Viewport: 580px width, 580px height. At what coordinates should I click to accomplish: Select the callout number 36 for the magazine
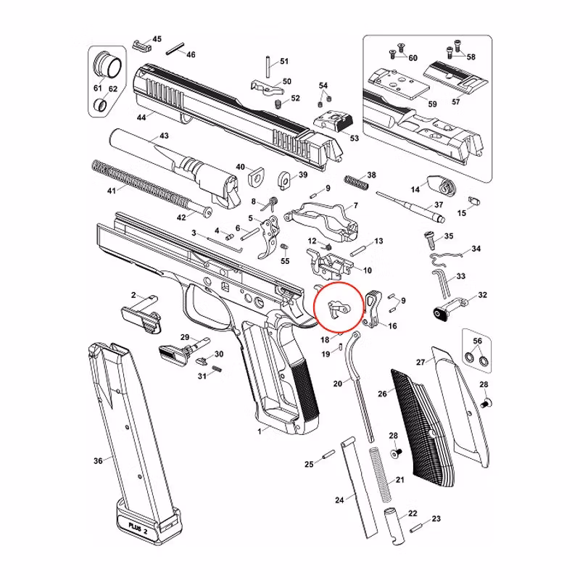[99, 460]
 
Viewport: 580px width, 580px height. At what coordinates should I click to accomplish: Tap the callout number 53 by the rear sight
[354, 138]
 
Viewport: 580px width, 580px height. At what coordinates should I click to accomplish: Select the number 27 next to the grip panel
[420, 362]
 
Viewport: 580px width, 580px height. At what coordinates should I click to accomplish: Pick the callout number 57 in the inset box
[456, 102]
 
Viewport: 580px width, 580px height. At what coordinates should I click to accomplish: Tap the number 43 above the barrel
[164, 136]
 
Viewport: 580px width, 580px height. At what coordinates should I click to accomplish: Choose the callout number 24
[339, 500]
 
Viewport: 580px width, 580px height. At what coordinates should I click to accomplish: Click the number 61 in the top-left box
[96, 88]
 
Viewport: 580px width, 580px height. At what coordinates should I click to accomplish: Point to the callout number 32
[483, 295]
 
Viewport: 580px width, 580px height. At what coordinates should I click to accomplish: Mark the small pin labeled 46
[174, 50]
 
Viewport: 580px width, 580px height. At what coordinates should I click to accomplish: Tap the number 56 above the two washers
[476, 341]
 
